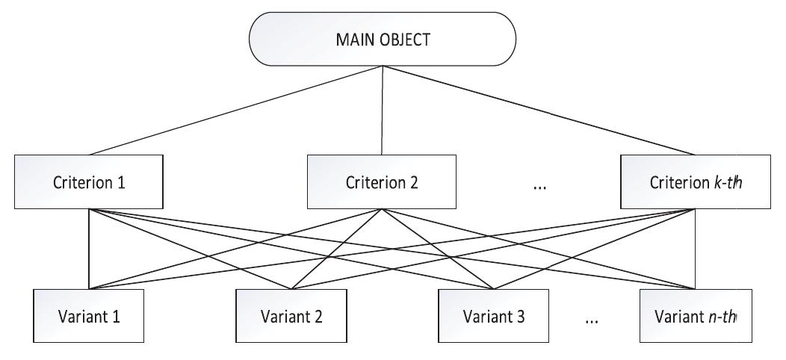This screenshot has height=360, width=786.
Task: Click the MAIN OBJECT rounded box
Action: pyautogui.click(x=383, y=39)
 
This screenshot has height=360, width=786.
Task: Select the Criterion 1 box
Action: pyautogui.click(x=89, y=181)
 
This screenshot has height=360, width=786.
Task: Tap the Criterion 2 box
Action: pyautogui.click(x=382, y=181)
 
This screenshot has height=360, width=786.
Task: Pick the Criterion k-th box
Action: pyautogui.click(x=696, y=181)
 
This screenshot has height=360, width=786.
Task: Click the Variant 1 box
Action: pyautogui.click(x=89, y=316)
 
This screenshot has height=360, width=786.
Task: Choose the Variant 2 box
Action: pyautogui.click(x=291, y=316)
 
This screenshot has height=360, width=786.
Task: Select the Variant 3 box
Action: pyautogui.click(x=494, y=316)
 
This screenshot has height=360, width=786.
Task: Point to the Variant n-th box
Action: pyautogui.click(x=696, y=316)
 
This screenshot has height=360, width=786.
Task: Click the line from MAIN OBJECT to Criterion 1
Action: pyautogui.click(x=236, y=111)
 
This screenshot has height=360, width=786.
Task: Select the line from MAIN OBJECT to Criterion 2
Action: pyautogui.click(x=383, y=111)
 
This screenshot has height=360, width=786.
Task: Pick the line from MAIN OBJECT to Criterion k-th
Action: pyautogui.click(x=539, y=111)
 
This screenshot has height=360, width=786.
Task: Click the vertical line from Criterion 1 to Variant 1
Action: pyautogui.click(x=89, y=249)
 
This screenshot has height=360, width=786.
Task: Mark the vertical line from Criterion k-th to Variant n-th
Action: pyautogui.click(x=696, y=249)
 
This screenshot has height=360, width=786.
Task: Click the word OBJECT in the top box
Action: pyautogui.click(x=404, y=40)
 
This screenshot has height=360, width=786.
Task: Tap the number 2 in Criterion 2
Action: pyautogui.click(x=414, y=182)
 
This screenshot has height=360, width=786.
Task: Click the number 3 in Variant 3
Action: pyautogui.click(x=520, y=317)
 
